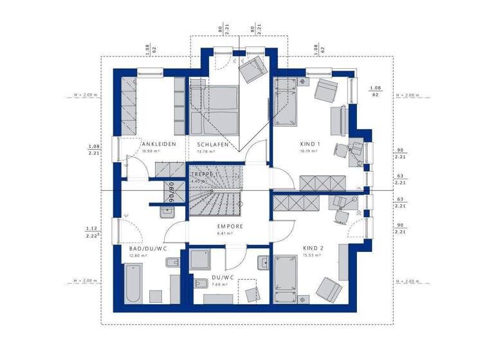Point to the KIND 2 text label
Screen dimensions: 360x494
click(x=313, y=248)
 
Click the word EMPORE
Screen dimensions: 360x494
click(x=230, y=226)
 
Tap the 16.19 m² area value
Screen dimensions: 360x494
click(x=310, y=152)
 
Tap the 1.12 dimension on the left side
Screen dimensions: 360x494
click(x=91, y=228)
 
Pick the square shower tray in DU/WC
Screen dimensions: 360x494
click(x=203, y=259)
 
